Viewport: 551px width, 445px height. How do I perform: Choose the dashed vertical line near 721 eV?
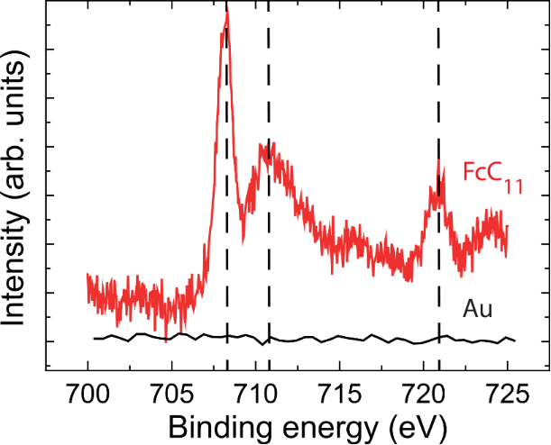click(x=438, y=270)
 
